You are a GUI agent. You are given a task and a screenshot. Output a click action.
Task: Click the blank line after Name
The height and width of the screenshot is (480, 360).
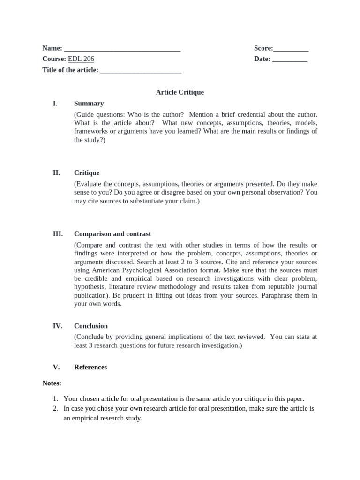122,49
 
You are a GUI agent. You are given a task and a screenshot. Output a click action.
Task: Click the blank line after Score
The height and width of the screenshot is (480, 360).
291,49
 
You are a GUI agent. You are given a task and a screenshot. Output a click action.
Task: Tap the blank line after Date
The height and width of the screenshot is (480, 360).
290,60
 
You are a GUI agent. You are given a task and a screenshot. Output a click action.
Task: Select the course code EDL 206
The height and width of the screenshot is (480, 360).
81,59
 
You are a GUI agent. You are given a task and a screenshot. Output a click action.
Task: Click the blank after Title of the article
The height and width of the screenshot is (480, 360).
141,71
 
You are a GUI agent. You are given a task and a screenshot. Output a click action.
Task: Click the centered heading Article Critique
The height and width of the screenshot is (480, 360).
180,92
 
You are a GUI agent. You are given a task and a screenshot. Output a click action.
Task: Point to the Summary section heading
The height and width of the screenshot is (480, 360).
89,104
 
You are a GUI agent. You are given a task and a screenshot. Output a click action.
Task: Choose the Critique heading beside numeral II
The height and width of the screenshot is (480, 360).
87,173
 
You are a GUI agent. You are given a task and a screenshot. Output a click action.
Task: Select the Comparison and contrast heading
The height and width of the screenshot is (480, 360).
112,234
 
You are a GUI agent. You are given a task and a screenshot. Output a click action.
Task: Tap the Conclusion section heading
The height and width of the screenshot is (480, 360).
91,326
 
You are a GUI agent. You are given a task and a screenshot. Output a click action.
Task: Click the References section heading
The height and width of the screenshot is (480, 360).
90,367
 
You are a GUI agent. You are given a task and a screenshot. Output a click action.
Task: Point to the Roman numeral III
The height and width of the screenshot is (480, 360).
57,234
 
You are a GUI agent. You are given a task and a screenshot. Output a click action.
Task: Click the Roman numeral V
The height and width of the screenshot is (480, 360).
55,367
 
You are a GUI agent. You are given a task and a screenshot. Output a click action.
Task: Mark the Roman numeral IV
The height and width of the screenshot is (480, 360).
57,326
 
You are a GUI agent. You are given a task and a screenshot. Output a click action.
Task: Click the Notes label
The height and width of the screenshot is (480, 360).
52,383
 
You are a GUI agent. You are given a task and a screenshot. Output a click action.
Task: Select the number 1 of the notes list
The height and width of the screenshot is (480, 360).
55,399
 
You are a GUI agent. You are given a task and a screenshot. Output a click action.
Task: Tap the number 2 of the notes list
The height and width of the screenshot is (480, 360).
55,409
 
